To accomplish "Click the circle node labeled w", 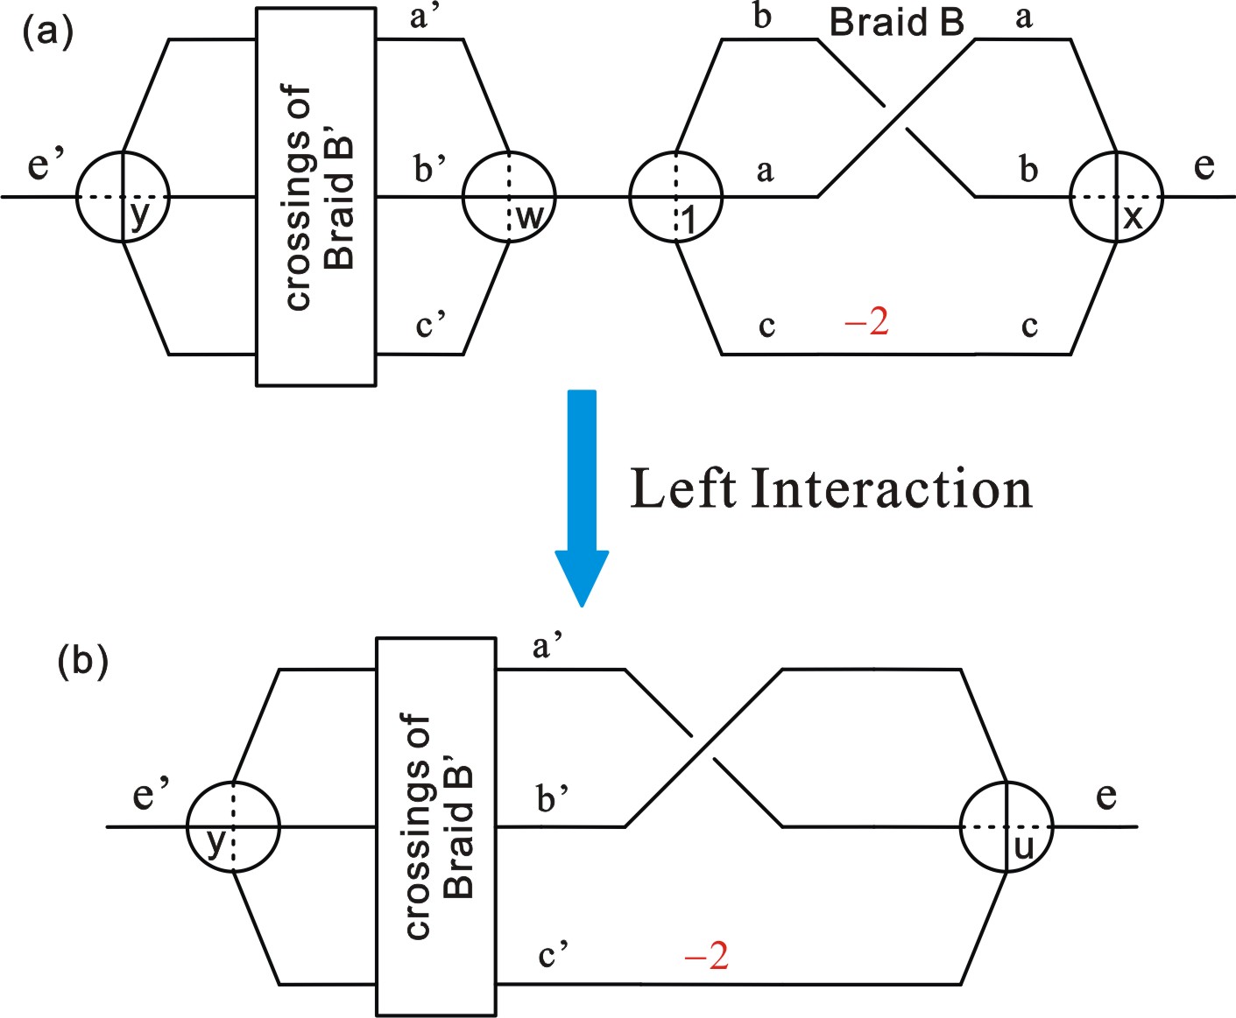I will [x=509, y=197].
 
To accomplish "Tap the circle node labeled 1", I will [x=675, y=197].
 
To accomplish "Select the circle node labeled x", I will [x=1116, y=197].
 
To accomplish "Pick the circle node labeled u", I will [x=1006, y=826].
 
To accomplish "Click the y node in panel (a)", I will [x=123, y=197].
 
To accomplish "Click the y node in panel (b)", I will [x=233, y=826].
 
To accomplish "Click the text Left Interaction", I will [x=830, y=488].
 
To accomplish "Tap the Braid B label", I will [x=896, y=23].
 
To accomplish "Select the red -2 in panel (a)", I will [x=866, y=322].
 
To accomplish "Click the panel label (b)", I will [x=82, y=662].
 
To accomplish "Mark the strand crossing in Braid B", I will [x=896, y=118].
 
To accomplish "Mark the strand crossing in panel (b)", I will [x=703, y=748].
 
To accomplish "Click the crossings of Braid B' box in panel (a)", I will [x=316, y=197].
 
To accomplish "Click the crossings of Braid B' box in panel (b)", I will [x=436, y=826].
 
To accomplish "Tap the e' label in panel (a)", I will [x=46, y=165].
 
